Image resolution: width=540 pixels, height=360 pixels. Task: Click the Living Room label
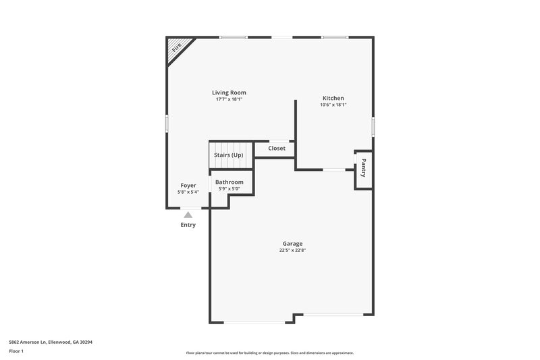(x=229, y=93)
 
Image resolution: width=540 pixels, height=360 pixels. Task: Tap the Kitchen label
(x=333, y=98)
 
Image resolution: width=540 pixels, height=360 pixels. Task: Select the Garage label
(x=292, y=243)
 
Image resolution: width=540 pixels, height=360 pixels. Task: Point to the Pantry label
(x=363, y=168)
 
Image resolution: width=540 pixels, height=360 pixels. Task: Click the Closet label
(x=277, y=149)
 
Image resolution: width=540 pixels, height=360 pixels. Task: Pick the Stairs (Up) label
(x=229, y=155)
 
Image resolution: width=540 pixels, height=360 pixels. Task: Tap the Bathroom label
(x=230, y=182)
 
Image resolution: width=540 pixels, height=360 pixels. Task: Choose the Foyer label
(x=188, y=185)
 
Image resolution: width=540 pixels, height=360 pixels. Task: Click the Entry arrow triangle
(x=188, y=215)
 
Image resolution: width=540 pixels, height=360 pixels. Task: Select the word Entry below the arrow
(x=188, y=225)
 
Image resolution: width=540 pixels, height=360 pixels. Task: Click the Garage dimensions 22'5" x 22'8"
(x=292, y=251)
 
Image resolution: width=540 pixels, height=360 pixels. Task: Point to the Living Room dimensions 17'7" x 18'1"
(x=229, y=99)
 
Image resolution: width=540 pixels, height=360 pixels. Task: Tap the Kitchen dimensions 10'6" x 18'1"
(x=333, y=105)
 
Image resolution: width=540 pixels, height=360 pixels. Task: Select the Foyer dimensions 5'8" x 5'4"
(x=188, y=192)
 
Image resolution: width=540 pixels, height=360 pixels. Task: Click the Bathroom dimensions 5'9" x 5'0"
(x=230, y=188)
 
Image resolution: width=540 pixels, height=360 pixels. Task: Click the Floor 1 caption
(x=16, y=352)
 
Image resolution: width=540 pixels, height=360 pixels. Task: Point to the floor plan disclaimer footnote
(x=270, y=353)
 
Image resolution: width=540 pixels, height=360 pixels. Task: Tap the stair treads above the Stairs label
(x=229, y=147)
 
